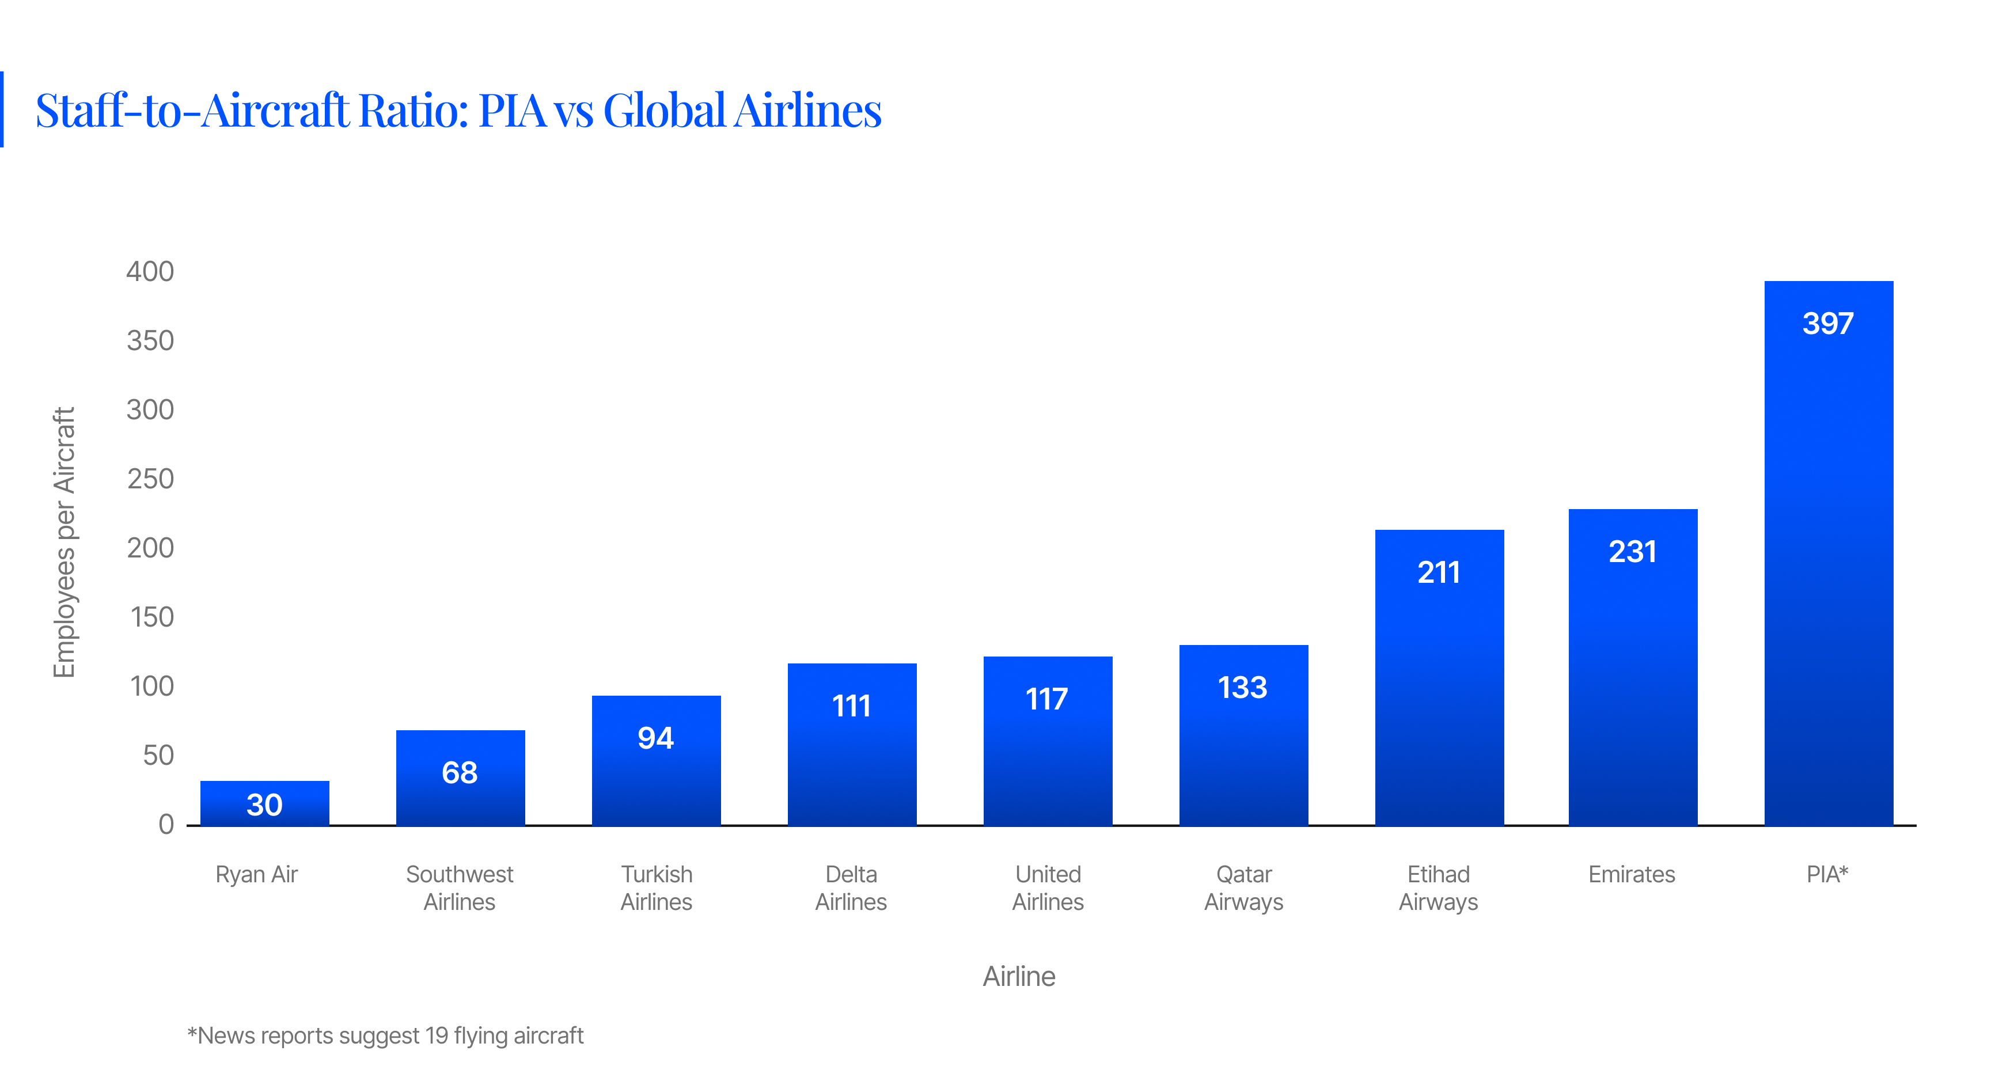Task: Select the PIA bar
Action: (1828, 557)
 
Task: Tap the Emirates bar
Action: (1633, 674)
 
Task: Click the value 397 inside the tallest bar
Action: (1828, 323)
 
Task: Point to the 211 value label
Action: (1438, 572)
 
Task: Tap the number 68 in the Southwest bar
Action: (459, 772)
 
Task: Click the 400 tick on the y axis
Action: (150, 271)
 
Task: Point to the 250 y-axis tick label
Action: (150, 479)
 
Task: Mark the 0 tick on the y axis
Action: (166, 824)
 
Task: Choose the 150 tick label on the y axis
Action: (152, 617)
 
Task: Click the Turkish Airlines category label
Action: (656, 887)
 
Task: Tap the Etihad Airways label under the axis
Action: (1438, 887)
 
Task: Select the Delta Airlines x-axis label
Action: (851, 887)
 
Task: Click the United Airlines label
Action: (1048, 887)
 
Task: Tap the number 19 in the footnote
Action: (436, 1035)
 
